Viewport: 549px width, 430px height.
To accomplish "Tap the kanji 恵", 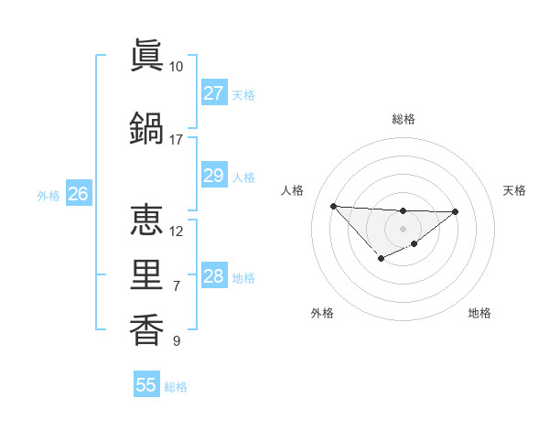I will pos(146,220).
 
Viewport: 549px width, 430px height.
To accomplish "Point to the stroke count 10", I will pos(176,67).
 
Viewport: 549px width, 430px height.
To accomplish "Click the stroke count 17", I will pos(176,139).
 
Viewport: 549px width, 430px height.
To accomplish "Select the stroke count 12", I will pos(176,231).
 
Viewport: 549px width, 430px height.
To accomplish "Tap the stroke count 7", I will pos(176,286).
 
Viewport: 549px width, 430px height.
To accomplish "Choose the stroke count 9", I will pos(176,341).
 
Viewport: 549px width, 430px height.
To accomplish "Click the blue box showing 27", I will pos(213,93).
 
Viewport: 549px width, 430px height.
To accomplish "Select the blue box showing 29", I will pos(213,176).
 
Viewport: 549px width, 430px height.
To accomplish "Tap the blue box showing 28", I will pos(213,276).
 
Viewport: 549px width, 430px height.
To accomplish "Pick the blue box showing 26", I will pos(78,193).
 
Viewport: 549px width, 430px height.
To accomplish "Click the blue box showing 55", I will pos(146,385).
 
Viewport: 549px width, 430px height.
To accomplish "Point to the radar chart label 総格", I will pos(403,119).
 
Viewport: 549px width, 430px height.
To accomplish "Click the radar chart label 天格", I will pos(515,190).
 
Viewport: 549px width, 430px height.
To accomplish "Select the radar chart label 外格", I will pos(322,313).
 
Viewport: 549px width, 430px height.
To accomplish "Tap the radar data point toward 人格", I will pos(333,205).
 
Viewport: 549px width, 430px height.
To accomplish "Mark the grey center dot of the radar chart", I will pos(403,228).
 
